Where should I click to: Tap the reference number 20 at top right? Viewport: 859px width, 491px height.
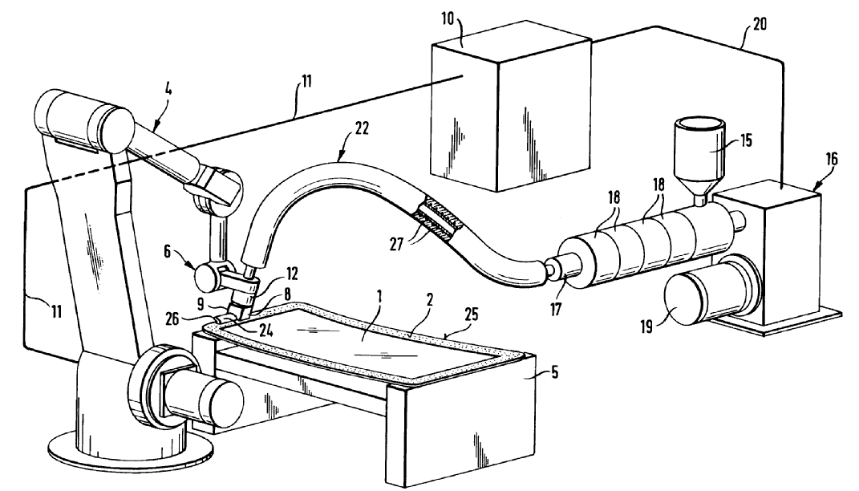[x=758, y=25]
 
